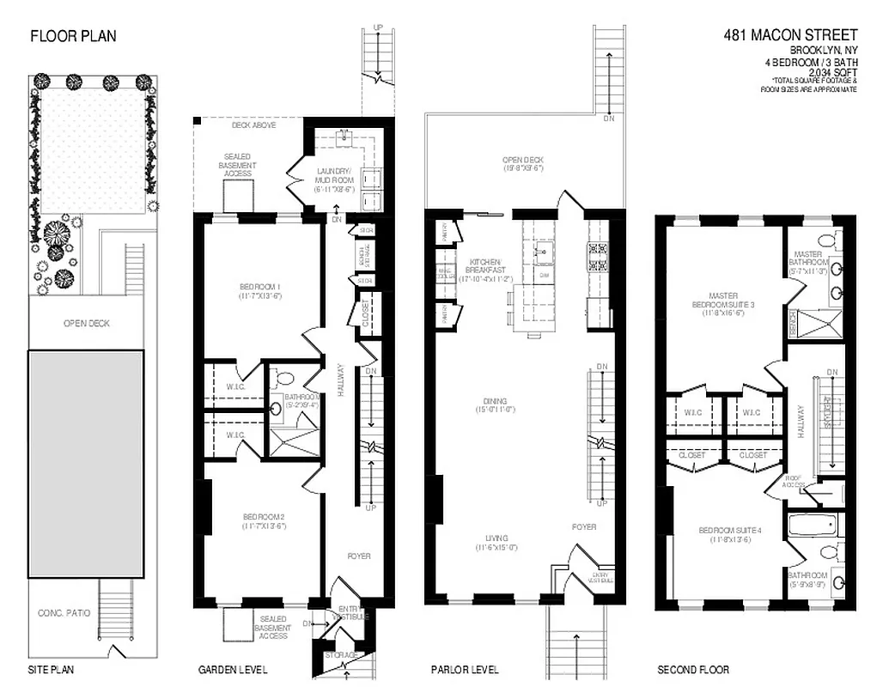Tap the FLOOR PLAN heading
point(73,36)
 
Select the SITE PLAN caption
point(50,670)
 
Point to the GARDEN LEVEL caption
point(233,670)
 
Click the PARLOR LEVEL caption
point(465,670)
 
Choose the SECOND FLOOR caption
point(693,670)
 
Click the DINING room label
point(495,406)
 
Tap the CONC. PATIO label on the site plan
point(64,613)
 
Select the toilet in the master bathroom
point(828,240)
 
